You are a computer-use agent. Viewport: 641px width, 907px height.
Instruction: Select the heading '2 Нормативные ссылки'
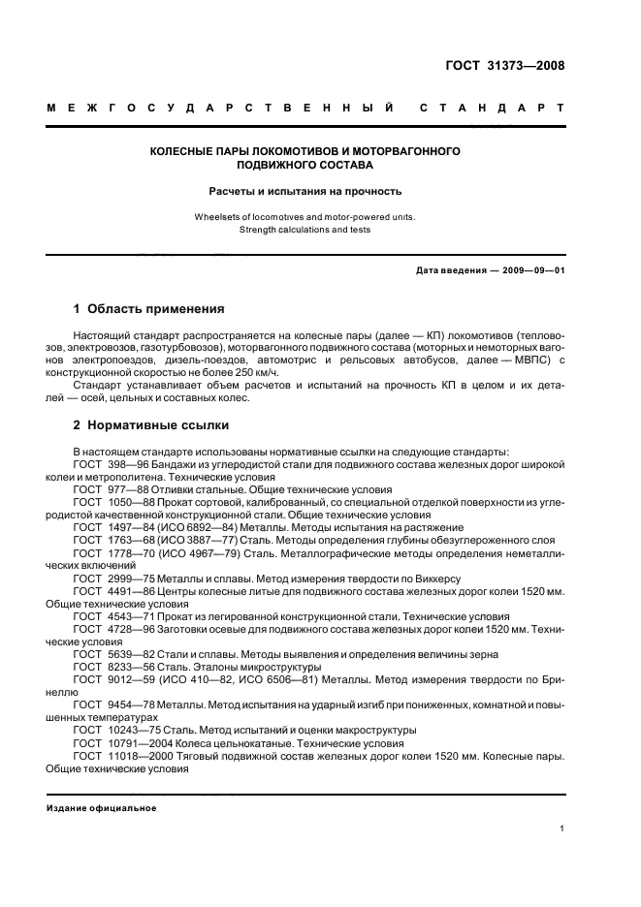point(151,425)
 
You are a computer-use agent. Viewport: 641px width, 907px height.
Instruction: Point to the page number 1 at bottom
point(561,829)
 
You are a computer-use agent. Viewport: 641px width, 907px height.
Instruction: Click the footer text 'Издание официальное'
point(101,808)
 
